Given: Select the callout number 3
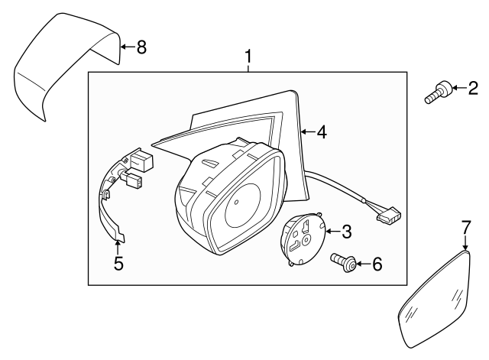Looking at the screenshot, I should (345, 230).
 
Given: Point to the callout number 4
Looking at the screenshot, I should (322, 132).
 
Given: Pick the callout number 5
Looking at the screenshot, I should (118, 264).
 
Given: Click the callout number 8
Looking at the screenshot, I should (141, 47).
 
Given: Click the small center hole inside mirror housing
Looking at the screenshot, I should (236, 203).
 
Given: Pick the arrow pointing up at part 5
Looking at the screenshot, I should (118, 245).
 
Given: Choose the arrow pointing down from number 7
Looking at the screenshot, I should (465, 243).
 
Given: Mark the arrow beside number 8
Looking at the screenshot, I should (126, 47).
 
